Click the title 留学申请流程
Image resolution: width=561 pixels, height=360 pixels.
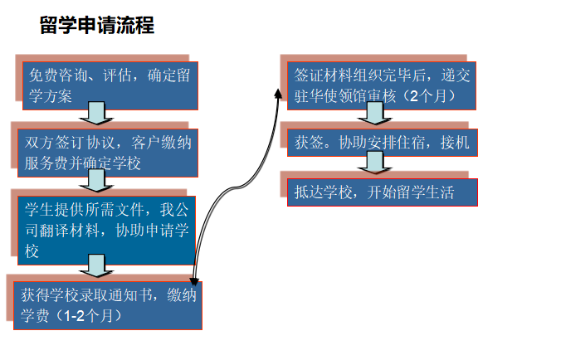(x=96, y=26)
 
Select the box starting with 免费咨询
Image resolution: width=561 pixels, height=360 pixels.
(x=108, y=85)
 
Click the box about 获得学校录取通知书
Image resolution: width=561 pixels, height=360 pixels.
(x=108, y=304)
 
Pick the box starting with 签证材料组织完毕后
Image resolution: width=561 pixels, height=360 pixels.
(x=382, y=85)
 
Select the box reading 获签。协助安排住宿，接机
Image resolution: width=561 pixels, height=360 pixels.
(x=382, y=143)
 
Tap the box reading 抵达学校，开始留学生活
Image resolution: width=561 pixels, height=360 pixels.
(x=382, y=192)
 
